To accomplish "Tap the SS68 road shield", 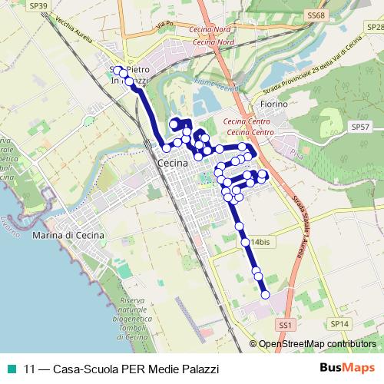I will [x=316, y=15].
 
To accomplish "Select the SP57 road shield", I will [x=359, y=126].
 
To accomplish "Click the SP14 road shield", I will [x=340, y=323].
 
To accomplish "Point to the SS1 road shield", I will [x=286, y=326].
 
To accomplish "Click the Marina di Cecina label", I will [x=68, y=235].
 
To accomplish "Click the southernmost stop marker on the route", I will [x=266, y=294].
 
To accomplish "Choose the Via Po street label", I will [x=161, y=25].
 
